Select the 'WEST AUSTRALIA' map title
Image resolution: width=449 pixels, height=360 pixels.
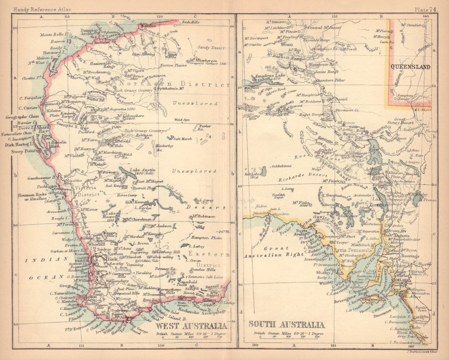[190, 326]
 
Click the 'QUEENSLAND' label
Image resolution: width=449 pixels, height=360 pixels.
[410, 67]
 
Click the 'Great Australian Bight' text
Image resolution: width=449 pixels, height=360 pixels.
[270, 251]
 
